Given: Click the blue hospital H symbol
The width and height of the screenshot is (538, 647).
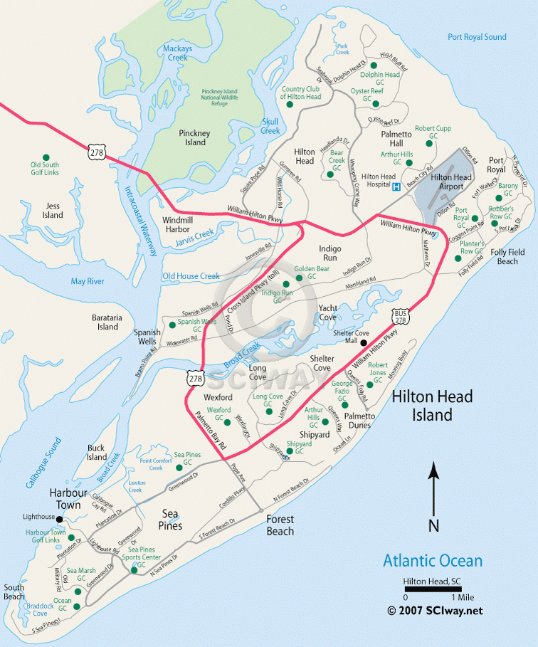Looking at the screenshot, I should (396, 186).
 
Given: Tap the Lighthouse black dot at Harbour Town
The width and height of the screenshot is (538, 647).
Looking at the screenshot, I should (59, 519).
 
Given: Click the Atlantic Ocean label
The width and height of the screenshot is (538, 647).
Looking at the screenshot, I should (433, 561).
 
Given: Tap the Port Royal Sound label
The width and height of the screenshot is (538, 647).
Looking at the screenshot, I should (477, 37).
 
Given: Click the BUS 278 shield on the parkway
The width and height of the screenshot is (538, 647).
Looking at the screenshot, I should (400, 317).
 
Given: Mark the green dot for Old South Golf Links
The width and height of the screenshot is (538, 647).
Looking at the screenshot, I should (46, 157).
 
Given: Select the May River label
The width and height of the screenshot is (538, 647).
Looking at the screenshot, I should (88, 281).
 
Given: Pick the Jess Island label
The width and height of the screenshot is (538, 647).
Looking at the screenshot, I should (53, 210).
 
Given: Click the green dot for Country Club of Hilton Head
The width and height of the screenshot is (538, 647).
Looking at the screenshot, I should (290, 105).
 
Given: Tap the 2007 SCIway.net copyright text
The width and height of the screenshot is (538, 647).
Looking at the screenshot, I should (435, 610).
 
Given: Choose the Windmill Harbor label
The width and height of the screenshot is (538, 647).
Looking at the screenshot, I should (176, 225).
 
